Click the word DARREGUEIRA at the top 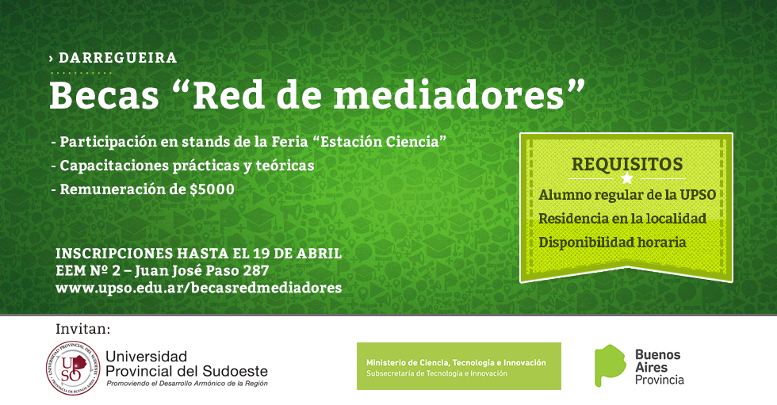click(117, 58)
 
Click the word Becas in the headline click(104, 95)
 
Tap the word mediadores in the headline click(450, 95)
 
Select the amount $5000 click(212, 189)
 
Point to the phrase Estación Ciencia click(380, 142)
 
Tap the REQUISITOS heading click(627, 164)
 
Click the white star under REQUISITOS click(627, 178)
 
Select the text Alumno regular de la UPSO click(627, 195)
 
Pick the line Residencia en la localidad click(622, 218)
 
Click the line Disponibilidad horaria click(612, 242)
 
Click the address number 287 click(255, 271)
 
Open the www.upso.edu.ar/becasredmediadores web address click(199, 288)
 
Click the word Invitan click(83, 329)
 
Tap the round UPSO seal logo click(73, 368)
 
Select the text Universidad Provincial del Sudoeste click(187, 364)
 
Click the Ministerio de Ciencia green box click(459, 366)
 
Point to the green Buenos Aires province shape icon click(610, 365)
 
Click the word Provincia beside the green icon click(660, 380)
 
